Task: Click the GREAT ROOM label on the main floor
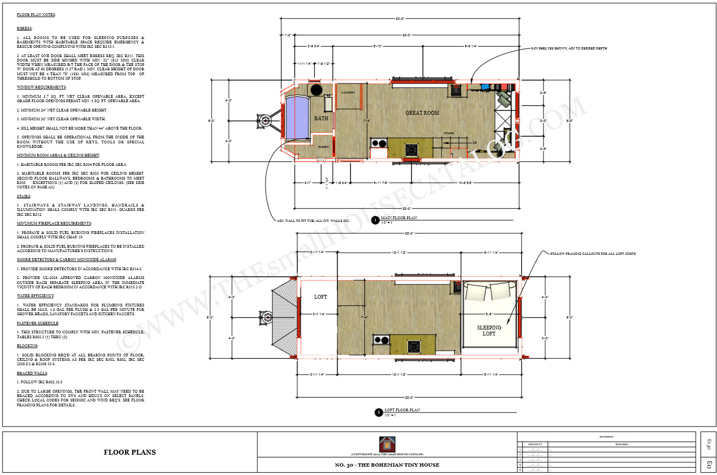pyautogui.click(x=422, y=113)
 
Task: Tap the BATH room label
pyautogui.click(x=321, y=118)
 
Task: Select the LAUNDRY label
pyautogui.click(x=348, y=93)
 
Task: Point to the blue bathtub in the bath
pyautogui.click(x=296, y=118)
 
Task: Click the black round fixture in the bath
pyautogui.click(x=316, y=90)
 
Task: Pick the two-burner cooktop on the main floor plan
pyautogui.click(x=379, y=144)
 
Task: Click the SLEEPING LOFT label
pyautogui.click(x=489, y=331)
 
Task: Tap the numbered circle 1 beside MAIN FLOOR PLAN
pyautogui.click(x=375, y=220)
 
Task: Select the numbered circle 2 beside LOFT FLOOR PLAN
pyautogui.click(x=378, y=412)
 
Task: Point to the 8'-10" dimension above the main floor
pyautogui.click(x=377, y=46)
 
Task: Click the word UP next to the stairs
pyautogui.click(x=474, y=143)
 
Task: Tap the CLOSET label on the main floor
pyautogui.click(x=323, y=147)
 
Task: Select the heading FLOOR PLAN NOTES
pyautogui.click(x=36, y=14)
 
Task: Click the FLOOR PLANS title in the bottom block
pyautogui.click(x=129, y=452)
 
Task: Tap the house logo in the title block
pyautogui.click(x=387, y=444)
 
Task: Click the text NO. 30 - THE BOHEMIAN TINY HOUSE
pyautogui.click(x=387, y=465)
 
